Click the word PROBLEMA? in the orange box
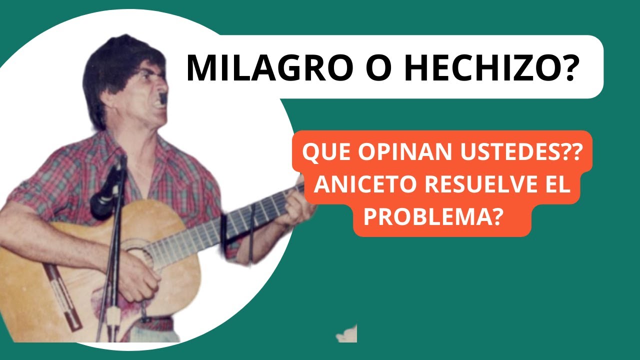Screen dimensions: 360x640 (432, 218)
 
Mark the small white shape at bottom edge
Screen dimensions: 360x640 (347, 334)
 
